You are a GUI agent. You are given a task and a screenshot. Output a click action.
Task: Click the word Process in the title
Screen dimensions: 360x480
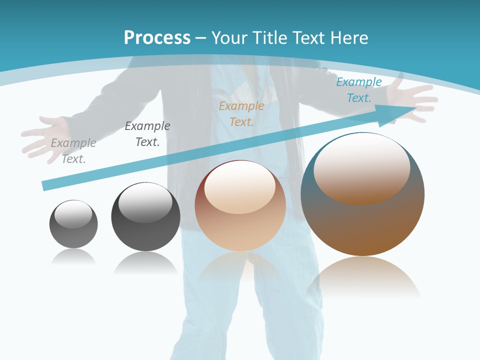point(157,37)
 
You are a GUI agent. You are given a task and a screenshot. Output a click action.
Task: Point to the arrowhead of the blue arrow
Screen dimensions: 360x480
point(400,113)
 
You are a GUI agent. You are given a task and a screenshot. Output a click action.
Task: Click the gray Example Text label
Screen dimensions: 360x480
point(73,150)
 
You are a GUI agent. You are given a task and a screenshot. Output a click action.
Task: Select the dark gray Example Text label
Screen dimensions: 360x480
point(147,133)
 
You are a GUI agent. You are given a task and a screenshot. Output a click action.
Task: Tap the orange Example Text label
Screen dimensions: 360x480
point(241,113)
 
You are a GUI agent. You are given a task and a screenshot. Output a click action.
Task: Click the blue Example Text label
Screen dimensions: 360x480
point(359,89)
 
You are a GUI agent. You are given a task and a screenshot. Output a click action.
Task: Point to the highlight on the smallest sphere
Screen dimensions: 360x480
point(73,214)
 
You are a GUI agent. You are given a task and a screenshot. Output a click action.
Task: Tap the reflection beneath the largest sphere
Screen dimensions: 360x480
point(363,277)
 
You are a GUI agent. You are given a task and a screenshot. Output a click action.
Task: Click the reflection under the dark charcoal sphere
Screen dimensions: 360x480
point(145,262)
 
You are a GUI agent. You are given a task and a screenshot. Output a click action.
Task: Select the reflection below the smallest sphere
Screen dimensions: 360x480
point(73,256)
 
